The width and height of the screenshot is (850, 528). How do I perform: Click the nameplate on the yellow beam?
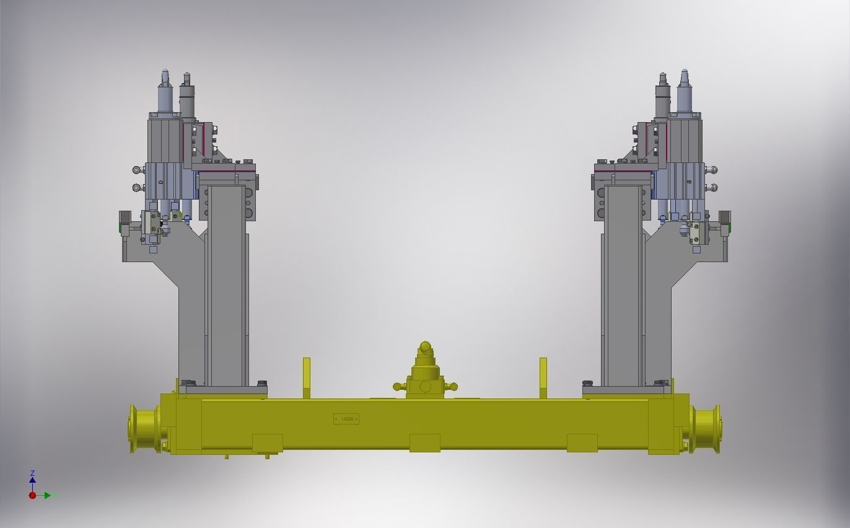click(346, 419)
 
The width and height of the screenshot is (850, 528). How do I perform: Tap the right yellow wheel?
click(707, 428)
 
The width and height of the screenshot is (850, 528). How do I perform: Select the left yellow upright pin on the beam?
click(307, 376)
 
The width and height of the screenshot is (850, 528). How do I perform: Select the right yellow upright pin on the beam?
click(543, 376)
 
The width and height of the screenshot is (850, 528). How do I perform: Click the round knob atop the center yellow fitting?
click(425, 346)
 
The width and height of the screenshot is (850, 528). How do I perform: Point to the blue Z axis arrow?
click(32, 479)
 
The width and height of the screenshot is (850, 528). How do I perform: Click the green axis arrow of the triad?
click(48, 495)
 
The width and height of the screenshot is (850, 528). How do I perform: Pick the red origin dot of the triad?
click(32, 495)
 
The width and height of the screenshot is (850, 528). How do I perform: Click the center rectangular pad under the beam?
click(425, 442)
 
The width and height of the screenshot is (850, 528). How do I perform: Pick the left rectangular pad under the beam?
click(268, 442)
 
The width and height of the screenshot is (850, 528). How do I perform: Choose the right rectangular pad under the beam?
click(582, 442)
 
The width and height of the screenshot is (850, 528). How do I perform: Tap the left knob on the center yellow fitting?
click(397, 387)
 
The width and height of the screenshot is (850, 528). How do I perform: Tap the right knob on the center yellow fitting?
click(453, 387)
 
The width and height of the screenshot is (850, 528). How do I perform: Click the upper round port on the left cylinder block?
click(136, 170)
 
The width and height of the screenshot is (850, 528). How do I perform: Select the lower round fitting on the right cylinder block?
click(714, 187)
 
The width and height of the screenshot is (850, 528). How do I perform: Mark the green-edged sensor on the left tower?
click(125, 222)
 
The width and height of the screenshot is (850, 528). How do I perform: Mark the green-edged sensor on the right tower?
click(724, 222)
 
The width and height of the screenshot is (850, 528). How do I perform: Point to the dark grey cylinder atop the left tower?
click(187, 97)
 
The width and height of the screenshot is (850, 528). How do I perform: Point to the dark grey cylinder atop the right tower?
click(662, 97)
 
